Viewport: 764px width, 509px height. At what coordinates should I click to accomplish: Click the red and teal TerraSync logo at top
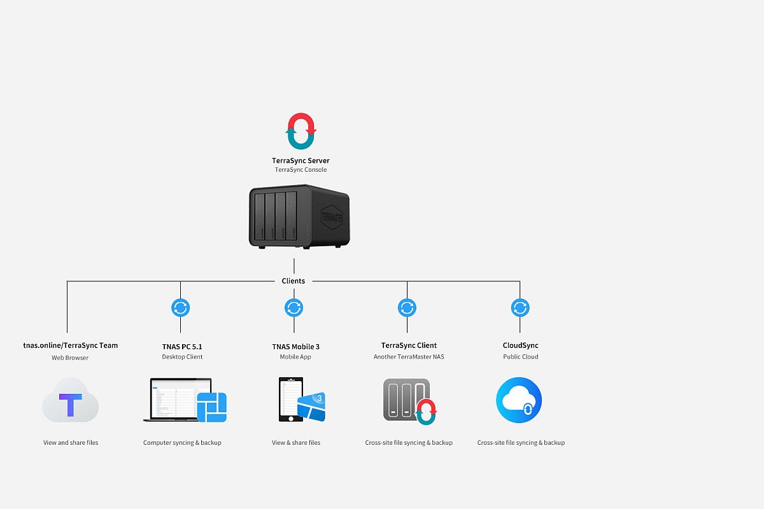coord(301,131)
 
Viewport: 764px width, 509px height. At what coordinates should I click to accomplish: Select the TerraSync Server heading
coord(301,161)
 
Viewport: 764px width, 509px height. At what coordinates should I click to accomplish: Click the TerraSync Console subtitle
coord(301,170)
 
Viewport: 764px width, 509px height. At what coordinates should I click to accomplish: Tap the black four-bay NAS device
coord(298,216)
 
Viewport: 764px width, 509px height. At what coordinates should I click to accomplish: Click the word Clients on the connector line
coord(294,281)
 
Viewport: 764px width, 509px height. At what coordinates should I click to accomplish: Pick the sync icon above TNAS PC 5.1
coord(181,308)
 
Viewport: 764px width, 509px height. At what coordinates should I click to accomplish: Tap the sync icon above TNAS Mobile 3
coord(294,308)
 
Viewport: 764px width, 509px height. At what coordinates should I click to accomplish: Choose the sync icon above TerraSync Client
coord(407,308)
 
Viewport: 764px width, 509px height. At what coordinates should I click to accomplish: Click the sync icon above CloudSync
coord(520,308)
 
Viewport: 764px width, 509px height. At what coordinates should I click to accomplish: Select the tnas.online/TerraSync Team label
coord(70,345)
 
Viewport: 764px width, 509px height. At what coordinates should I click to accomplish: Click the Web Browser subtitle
coord(70,358)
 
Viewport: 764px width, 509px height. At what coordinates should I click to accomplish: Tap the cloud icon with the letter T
coord(70,401)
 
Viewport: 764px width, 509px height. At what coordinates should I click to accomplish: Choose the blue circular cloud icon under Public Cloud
coord(519,400)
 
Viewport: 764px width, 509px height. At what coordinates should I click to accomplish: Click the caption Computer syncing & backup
coord(182,442)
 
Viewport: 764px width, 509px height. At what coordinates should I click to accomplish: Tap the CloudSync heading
coord(520,345)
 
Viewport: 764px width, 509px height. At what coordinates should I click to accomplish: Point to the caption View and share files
coord(71,442)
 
